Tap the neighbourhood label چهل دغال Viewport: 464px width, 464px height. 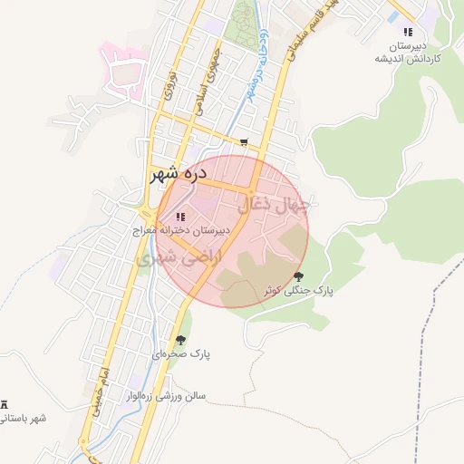point(274,205)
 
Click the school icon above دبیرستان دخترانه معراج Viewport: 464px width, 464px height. point(179,217)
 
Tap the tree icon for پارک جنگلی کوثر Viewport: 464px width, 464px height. point(298,276)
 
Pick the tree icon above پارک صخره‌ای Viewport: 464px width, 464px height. point(180,340)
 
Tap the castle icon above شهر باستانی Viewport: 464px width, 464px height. point(5,403)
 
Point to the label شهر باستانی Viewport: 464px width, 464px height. point(25,418)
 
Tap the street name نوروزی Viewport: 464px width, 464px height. point(168,83)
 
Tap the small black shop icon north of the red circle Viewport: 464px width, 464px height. point(244,142)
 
